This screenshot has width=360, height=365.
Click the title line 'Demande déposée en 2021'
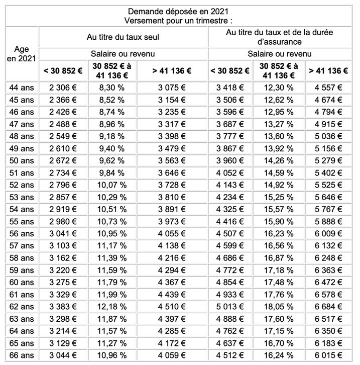pyautogui.click(x=180, y=11)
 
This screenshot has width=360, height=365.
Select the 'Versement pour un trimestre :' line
pyautogui.click(x=180, y=20)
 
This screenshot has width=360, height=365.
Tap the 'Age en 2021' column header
pyautogui.click(x=22, y=54)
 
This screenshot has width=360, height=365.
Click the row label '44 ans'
pyautogui.click(x=22, y=88)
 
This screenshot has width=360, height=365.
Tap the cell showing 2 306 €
pyautogui.click(x=63, y=88)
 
